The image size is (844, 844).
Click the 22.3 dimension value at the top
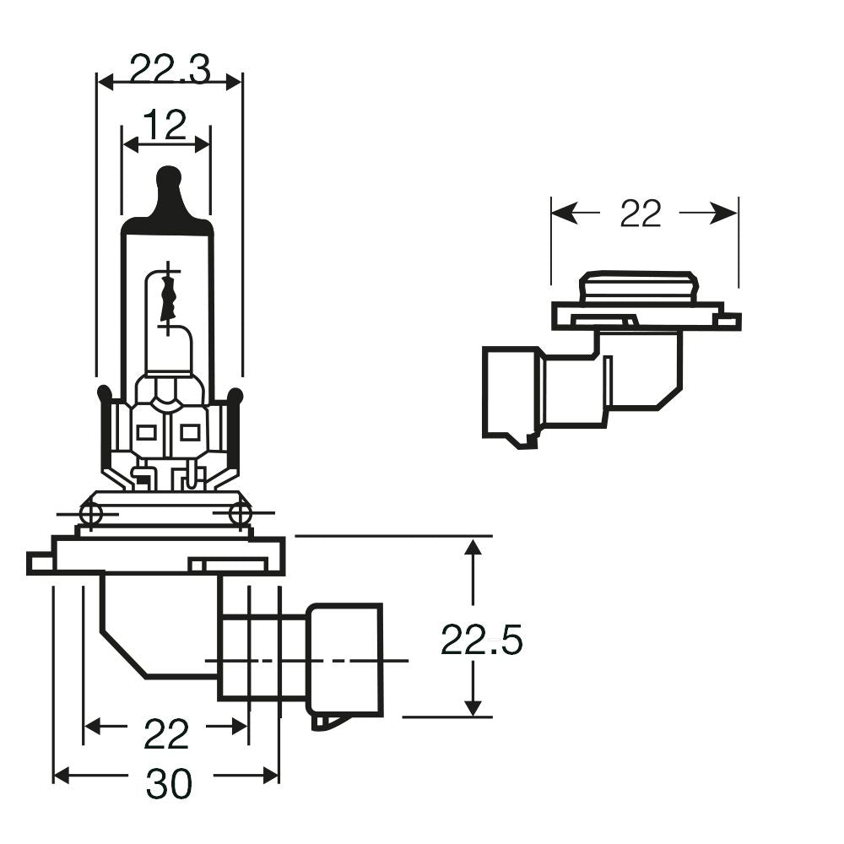[170, 70]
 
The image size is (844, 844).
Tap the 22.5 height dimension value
[482, 642]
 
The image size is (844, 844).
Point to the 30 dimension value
[169, 786]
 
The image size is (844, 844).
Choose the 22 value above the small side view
[641, 214]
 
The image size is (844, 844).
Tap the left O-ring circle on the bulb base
[90, 512]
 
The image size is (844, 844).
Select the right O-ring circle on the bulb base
[241, 512]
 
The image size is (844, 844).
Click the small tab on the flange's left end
[39, 562]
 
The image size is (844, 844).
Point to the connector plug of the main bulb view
[344, 659]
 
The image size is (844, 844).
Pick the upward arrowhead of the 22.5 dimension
[473, 549]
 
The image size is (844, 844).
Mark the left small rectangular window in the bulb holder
[145, 433]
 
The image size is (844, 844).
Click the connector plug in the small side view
[510, 393]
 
